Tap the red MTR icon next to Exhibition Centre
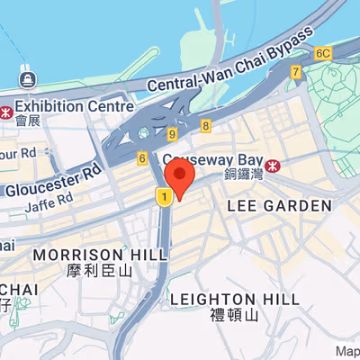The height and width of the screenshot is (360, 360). [x=6, y=113]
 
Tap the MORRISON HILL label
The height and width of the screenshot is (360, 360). [x=99, y=255]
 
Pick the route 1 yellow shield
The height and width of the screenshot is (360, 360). [x=164, y=195]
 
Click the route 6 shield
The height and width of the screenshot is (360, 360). [x=141, y=158]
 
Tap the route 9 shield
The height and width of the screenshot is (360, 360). [x=171, y=135]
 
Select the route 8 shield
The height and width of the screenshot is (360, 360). [x=206, y=126]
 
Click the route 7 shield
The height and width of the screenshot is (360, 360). [x=295, y=72]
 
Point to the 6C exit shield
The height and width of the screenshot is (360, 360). [x=323, y=53]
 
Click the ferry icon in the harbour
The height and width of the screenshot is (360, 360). [x=26, y=79]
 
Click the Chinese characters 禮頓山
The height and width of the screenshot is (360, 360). [x=233, y=315]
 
